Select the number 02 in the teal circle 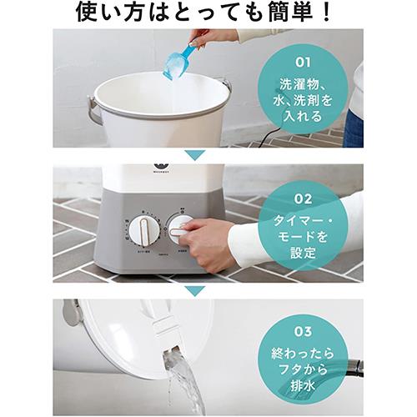click(303, 199)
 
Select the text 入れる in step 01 click(302, 115)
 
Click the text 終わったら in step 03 click(303, 347)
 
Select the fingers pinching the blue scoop click(201, 38)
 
